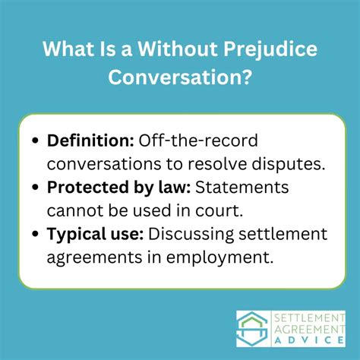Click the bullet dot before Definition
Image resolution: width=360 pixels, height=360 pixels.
click(x=38, y=141)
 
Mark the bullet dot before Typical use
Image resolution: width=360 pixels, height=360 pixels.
click(x=38, y=235)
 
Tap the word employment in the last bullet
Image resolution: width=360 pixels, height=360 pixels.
click(x=226, y=257)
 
